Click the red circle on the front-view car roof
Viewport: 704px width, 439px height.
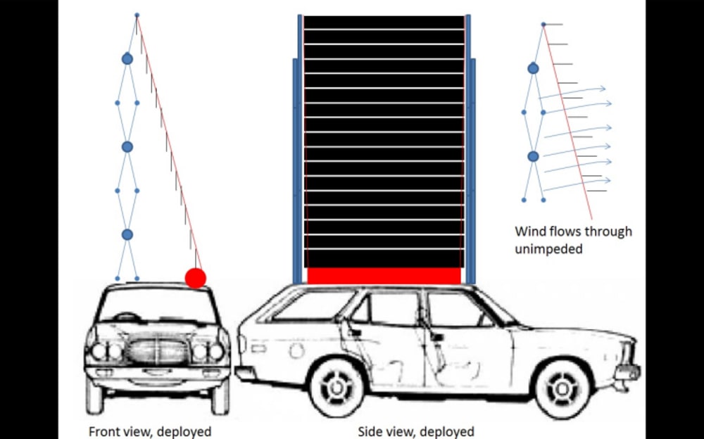pos(195,278)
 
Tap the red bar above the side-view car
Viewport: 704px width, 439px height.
pos(384,276)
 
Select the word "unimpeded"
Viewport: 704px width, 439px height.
pos(548,248)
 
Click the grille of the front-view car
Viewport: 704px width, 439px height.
pos(158,350)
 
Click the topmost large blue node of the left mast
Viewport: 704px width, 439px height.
pos(127,58)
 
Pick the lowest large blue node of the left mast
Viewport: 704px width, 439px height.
pos(127,234)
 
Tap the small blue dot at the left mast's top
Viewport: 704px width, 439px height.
pos(137,15)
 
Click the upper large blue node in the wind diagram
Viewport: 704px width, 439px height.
pos(533,68)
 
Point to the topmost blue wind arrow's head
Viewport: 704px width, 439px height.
pos(603,89)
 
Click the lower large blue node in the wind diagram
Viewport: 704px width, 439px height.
pos(533,156)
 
